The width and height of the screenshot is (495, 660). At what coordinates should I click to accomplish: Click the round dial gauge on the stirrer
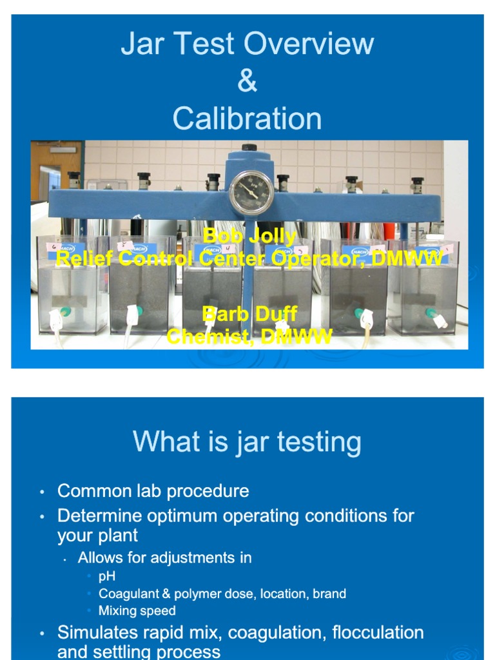click(251, 191)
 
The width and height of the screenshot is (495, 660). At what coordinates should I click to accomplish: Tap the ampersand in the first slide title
click(247, 81)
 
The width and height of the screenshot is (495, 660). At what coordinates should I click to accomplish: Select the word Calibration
click(247, 119)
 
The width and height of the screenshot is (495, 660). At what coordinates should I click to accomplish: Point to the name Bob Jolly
click(249, 236)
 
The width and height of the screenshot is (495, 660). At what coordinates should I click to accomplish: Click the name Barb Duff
click(249, 315)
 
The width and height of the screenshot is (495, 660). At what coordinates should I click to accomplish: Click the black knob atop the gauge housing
click(249, 148)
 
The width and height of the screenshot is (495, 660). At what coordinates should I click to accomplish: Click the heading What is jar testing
click(247, 442)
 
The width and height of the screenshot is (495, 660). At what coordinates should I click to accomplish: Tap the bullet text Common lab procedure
click(153, 491)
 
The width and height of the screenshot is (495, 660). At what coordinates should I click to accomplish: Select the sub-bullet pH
click(107, 576)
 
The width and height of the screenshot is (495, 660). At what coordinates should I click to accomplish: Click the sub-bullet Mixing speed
click(137, 610)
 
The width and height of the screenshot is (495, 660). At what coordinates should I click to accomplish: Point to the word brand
click(329, 594)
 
